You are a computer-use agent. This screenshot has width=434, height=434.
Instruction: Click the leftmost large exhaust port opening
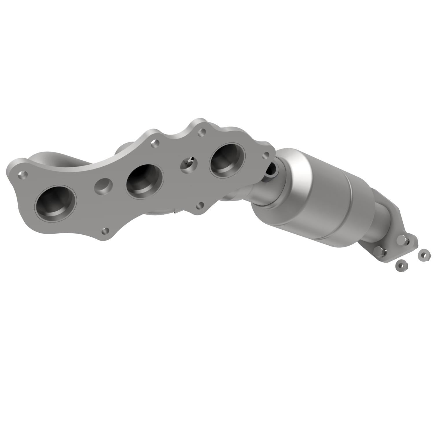click(x=56, y=204)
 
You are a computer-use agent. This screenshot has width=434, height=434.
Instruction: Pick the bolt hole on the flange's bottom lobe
click(x=106, y=231)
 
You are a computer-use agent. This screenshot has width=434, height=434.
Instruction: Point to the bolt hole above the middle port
click(x=155, y=143)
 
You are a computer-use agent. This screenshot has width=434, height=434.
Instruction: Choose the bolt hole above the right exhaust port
click(x=202, y=133)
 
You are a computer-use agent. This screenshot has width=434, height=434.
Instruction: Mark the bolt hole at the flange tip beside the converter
click(x=265, y=156)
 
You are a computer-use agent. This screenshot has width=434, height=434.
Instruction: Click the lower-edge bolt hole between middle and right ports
click(x=199, y=206)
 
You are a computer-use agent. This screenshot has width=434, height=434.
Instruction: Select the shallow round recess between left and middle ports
click(x=103, y=185)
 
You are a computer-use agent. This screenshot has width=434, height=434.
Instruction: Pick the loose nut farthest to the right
click(x=423, y=255)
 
